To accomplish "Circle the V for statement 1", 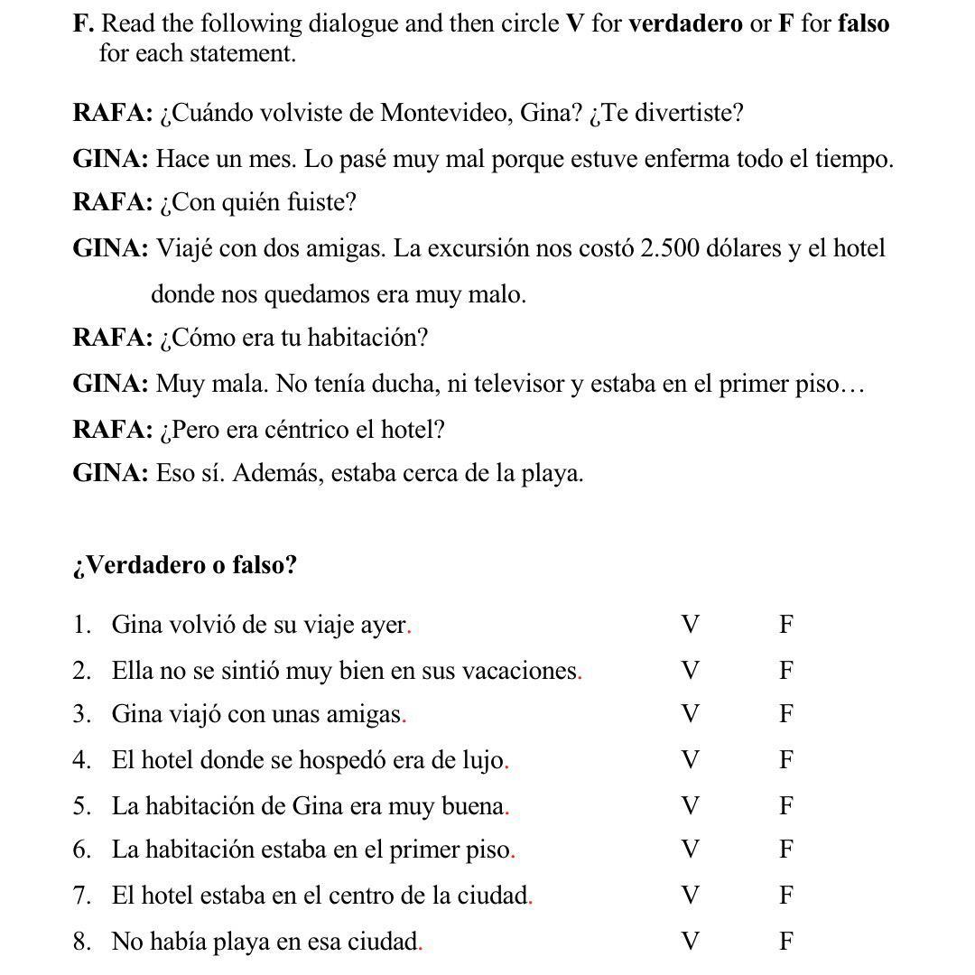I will pos(691,625).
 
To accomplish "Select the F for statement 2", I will pos(786,671).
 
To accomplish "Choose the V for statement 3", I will pos(691,715).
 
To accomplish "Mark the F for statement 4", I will pos(786,760).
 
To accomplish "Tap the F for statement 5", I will pos(786,805).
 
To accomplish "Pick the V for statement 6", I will pos(691,850).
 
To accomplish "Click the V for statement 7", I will pos(691,896).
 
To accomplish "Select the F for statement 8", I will pos(786,942).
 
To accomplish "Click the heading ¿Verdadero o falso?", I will pos(185,565).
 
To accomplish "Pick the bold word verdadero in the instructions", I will pos(685,23).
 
